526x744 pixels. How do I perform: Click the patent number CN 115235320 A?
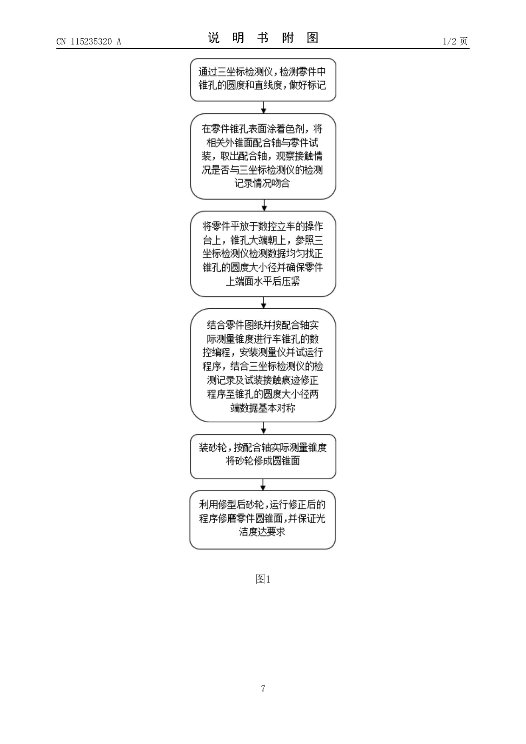point(89,41)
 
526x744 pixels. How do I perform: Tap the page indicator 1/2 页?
point(455,41)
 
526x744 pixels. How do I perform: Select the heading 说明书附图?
point(263,38)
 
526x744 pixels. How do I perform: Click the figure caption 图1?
point(263,579)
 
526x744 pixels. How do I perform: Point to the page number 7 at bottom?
point(263,688)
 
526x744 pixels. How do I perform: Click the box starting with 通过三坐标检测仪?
point(263,80)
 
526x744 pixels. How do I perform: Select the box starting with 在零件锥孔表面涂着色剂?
point(263,156)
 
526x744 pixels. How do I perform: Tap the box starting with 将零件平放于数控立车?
point(263,254)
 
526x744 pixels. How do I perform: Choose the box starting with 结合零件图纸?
point(263,366)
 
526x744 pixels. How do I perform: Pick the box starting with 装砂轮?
point(263,456)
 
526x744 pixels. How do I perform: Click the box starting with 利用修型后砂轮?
point(263,520)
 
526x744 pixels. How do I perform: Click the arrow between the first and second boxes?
point(263,107)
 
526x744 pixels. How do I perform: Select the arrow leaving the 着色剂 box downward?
point(264,205)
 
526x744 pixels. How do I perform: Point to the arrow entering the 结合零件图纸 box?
point(263,302)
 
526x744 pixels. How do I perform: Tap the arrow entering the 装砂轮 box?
point(263,428)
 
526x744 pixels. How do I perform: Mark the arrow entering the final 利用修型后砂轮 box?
point(263,485)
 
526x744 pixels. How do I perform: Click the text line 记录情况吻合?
point(262,184)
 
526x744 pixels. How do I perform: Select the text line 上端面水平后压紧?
point(263,281)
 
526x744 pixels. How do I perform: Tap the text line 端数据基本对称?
point(263,408)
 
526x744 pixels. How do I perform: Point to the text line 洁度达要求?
point(262,532)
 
